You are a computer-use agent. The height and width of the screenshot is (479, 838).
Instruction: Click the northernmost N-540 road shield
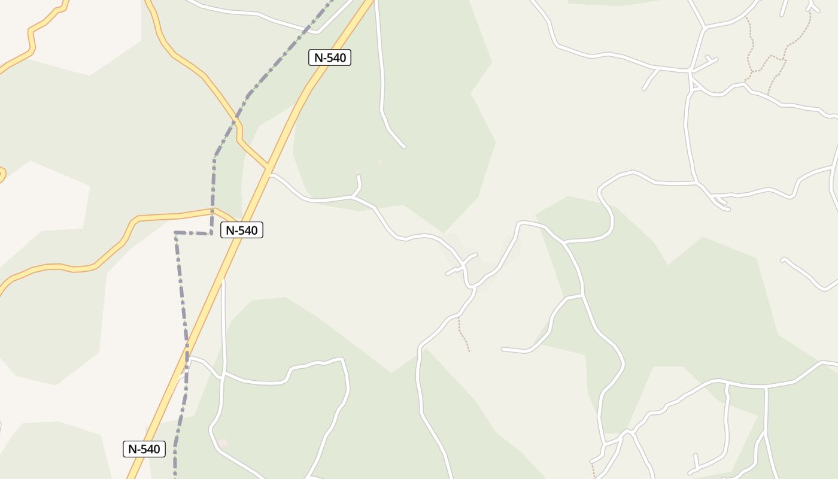point(329,57)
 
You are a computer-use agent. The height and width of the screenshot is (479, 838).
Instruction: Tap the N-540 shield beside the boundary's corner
point(242,230)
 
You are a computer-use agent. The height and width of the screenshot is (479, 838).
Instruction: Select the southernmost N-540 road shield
point(144,449)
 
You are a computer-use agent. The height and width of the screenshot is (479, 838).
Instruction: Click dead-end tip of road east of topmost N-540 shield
point(405,147)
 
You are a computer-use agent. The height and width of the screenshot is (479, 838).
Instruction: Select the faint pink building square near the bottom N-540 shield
point(223,443)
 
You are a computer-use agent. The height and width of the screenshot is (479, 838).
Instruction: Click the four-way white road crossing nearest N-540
point(222,377)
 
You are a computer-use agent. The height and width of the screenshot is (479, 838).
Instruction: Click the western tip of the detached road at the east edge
point(783,260)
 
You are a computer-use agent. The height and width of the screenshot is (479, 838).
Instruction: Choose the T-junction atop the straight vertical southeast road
point(766,387)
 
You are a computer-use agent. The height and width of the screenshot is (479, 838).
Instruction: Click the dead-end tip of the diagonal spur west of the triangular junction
point(644,89)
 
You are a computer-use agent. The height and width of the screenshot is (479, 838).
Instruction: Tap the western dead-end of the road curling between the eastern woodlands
point(503,348)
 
